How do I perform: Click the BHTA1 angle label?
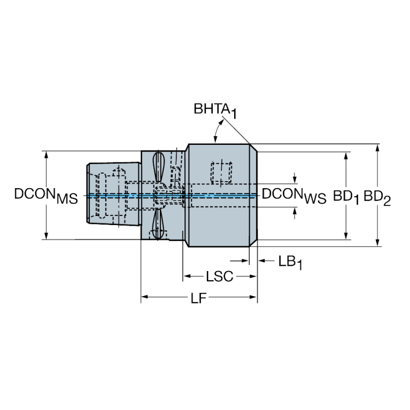click(215, 111)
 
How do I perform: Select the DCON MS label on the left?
click(46, 196)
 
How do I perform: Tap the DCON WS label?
click(294, 196)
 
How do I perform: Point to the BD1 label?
click(346, 197)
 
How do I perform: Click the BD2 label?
click(377, 197)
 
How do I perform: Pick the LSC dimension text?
click(219, 276)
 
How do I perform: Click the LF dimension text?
click(199, 298)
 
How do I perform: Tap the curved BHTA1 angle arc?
click(218, 129)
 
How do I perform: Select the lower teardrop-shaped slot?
click(158, 224)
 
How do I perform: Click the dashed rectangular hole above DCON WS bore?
click(221, 172)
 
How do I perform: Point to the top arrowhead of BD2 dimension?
click(377, 148)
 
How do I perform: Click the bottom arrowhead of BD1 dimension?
click(346, 235)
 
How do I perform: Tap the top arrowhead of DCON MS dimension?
click(47, 155)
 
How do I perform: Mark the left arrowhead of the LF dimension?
click(145, 297)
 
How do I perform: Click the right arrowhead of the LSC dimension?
click(253, 276)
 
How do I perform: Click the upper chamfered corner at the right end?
click(253, 148)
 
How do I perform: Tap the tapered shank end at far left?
click(89, 193)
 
